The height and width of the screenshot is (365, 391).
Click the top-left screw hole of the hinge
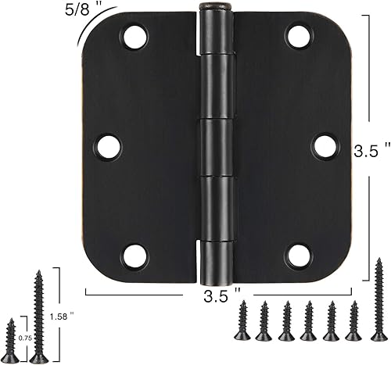(x=135, y=34)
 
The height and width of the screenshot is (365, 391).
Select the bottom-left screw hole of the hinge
(x=135, y=253)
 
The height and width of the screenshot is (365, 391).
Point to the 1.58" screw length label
(x=71, y=316)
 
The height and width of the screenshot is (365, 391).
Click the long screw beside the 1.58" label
(x=38, y=316)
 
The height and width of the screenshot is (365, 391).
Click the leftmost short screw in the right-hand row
(x=241, y=322)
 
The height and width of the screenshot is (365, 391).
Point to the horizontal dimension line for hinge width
(x=141, y=295)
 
